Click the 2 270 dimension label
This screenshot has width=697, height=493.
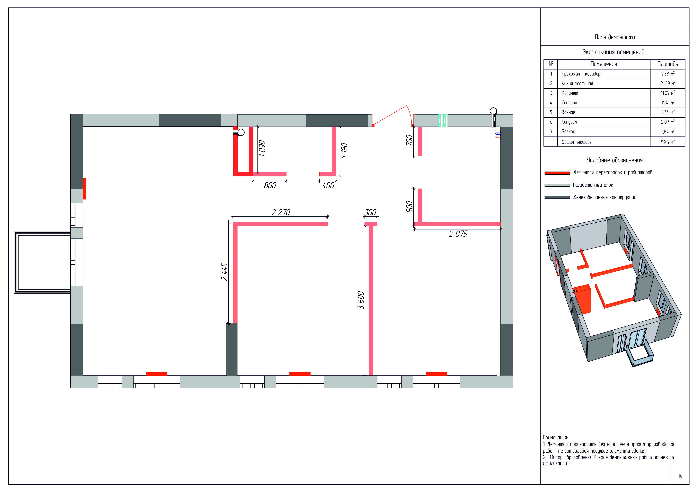tap(281, 212)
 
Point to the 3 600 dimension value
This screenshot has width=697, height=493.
tap(361, 300)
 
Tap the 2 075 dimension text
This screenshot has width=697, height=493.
tap(458, 234)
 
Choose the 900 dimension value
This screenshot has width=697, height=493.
tap(409, 207)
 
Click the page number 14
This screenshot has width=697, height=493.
tap(680, 476)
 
